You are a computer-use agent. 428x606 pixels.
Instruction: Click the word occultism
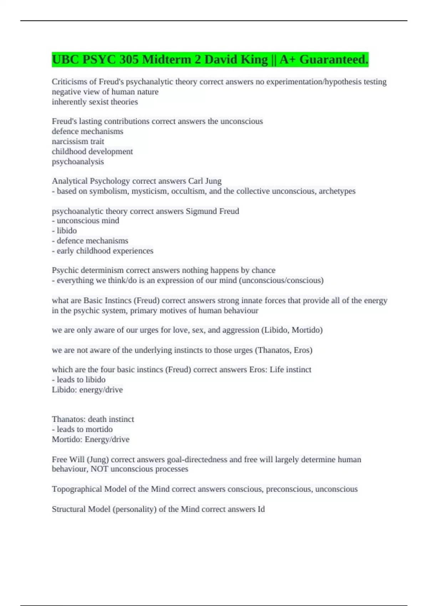click(188, 191)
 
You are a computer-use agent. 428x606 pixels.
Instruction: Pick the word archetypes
click(337, 191)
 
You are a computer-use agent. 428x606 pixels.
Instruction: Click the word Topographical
click(77, 489)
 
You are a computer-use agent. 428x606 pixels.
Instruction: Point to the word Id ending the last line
click(261, 509)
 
